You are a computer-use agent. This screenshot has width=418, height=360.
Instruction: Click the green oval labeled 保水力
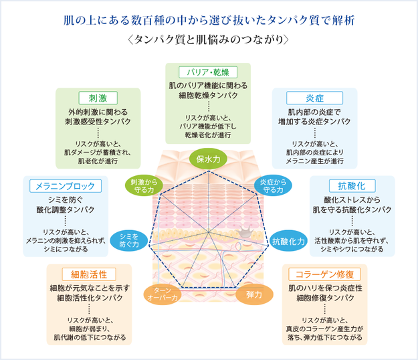[x=209, y=159]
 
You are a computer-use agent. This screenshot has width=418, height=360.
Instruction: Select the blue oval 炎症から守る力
[x=272, y=185]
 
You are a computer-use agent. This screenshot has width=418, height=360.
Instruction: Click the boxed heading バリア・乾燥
[x=208, y=72]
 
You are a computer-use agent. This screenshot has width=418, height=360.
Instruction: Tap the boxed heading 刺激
[x=98, y=97]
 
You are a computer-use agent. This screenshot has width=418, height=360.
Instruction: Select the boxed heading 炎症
[x=314, y=97]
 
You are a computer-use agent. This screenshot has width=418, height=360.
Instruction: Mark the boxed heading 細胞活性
[x=90, y=274]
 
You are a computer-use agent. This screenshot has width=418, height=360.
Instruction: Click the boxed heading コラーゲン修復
[x=324, y=274]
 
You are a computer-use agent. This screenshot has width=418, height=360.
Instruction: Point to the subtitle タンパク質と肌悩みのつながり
[x=209, y=39]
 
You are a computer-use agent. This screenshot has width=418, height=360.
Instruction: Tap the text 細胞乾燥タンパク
[x=208, y=96]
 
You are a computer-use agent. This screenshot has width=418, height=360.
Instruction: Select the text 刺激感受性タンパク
[x=98, y=122]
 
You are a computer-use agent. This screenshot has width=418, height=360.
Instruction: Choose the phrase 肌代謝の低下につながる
[x=90, y=337]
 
